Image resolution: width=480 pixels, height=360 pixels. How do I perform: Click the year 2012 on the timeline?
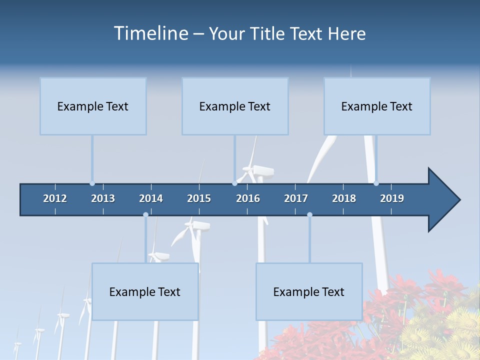(x=55, y=198)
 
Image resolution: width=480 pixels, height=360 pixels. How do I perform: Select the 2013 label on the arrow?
(x=103, y=198)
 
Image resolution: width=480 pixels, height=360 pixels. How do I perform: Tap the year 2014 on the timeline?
(x=151, y=198)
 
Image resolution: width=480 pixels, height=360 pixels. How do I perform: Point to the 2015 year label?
(x=199, y=198)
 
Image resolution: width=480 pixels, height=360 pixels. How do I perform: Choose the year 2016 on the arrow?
(x=248, y=198)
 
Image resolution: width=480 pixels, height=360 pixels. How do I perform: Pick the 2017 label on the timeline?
(x=296, y=198)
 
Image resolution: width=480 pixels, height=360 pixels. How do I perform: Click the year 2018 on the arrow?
(x=344, y=198)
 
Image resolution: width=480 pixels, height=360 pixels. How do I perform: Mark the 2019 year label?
(x=392, y=198)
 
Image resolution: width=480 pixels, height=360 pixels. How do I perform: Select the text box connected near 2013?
(x=93, y=106)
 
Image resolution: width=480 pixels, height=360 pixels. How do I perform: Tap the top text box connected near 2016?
(x=235, y=106)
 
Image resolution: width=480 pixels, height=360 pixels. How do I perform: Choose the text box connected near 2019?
(x=377, y=106)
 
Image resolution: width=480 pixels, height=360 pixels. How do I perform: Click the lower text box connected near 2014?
(x=145, y=291)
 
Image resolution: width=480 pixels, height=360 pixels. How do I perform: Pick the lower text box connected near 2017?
(x=309, y=291)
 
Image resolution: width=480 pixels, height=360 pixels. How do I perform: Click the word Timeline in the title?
(x=150, y=33)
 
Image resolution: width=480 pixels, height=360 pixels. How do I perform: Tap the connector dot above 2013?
(x=92, y=183)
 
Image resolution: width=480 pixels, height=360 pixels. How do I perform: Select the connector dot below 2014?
(x=145, y=214)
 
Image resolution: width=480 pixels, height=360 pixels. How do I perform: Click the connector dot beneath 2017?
(x=309, y=214)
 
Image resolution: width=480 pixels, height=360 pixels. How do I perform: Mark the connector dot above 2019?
(x=376, y=183)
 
